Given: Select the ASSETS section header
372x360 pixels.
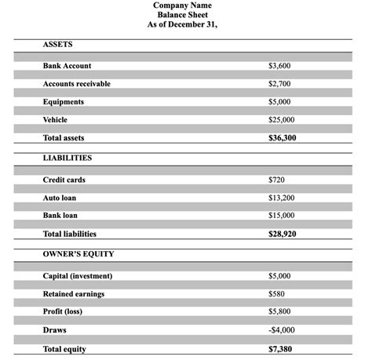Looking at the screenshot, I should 57,44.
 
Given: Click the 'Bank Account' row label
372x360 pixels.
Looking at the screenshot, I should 67,66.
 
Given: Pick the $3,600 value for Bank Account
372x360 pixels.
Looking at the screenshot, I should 280,66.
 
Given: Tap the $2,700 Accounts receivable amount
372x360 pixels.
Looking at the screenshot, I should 280,84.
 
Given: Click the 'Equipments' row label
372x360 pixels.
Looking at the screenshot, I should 63,102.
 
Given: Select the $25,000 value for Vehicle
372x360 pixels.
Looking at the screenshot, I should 282,120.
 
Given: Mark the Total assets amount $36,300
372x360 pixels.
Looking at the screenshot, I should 283,138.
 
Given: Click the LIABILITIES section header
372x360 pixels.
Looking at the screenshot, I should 67,158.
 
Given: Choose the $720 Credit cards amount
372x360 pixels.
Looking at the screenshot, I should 276,180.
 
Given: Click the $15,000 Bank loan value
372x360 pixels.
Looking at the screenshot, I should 282,216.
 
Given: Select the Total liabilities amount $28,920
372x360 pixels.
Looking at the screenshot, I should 283,234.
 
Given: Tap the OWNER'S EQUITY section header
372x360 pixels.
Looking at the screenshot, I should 78,255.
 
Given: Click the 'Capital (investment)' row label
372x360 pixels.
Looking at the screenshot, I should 78,276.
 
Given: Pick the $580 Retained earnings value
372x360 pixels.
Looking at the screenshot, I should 276,294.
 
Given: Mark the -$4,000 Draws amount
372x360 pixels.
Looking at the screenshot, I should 281,330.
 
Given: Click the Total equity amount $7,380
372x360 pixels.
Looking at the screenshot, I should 280,349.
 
